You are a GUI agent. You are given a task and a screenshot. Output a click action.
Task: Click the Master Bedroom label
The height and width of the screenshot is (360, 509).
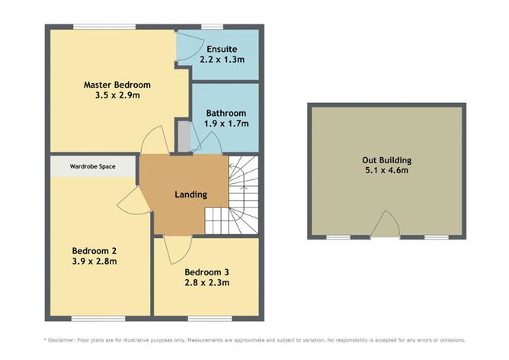tap(117, 84)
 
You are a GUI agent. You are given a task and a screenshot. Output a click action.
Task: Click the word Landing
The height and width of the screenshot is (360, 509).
tap(190, 194)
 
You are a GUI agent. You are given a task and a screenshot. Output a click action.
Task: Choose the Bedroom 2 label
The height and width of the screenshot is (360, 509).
tap(94, 250)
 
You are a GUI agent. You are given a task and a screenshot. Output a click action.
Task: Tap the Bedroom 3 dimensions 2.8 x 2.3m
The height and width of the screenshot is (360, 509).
tap(206, 283)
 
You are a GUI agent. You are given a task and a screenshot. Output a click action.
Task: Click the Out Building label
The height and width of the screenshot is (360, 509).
tap(386, 160)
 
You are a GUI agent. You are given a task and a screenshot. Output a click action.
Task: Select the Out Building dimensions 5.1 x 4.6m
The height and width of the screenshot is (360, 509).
tap(386, 172)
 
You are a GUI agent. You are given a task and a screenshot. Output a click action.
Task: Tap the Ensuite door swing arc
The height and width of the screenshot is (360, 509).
tap(185, 44)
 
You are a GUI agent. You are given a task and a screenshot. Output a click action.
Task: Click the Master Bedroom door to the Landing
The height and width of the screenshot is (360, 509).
tap(155, 140)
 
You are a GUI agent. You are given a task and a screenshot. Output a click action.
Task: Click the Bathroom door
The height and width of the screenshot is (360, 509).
tap(208, 142)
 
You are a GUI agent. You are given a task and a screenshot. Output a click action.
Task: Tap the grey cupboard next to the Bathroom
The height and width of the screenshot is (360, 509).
tap(183, 137)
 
